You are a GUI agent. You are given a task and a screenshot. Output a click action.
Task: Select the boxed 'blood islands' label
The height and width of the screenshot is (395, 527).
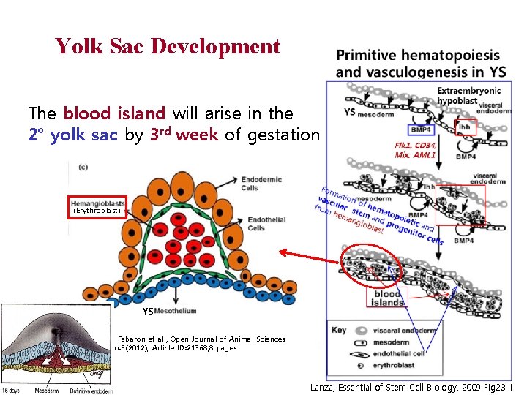(x=387, y=297)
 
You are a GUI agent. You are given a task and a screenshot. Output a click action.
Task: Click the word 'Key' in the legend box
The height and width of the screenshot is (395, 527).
(x=339, y=331)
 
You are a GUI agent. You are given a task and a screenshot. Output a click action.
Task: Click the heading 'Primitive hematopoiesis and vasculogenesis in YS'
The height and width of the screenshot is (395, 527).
(x=418, y=63)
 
